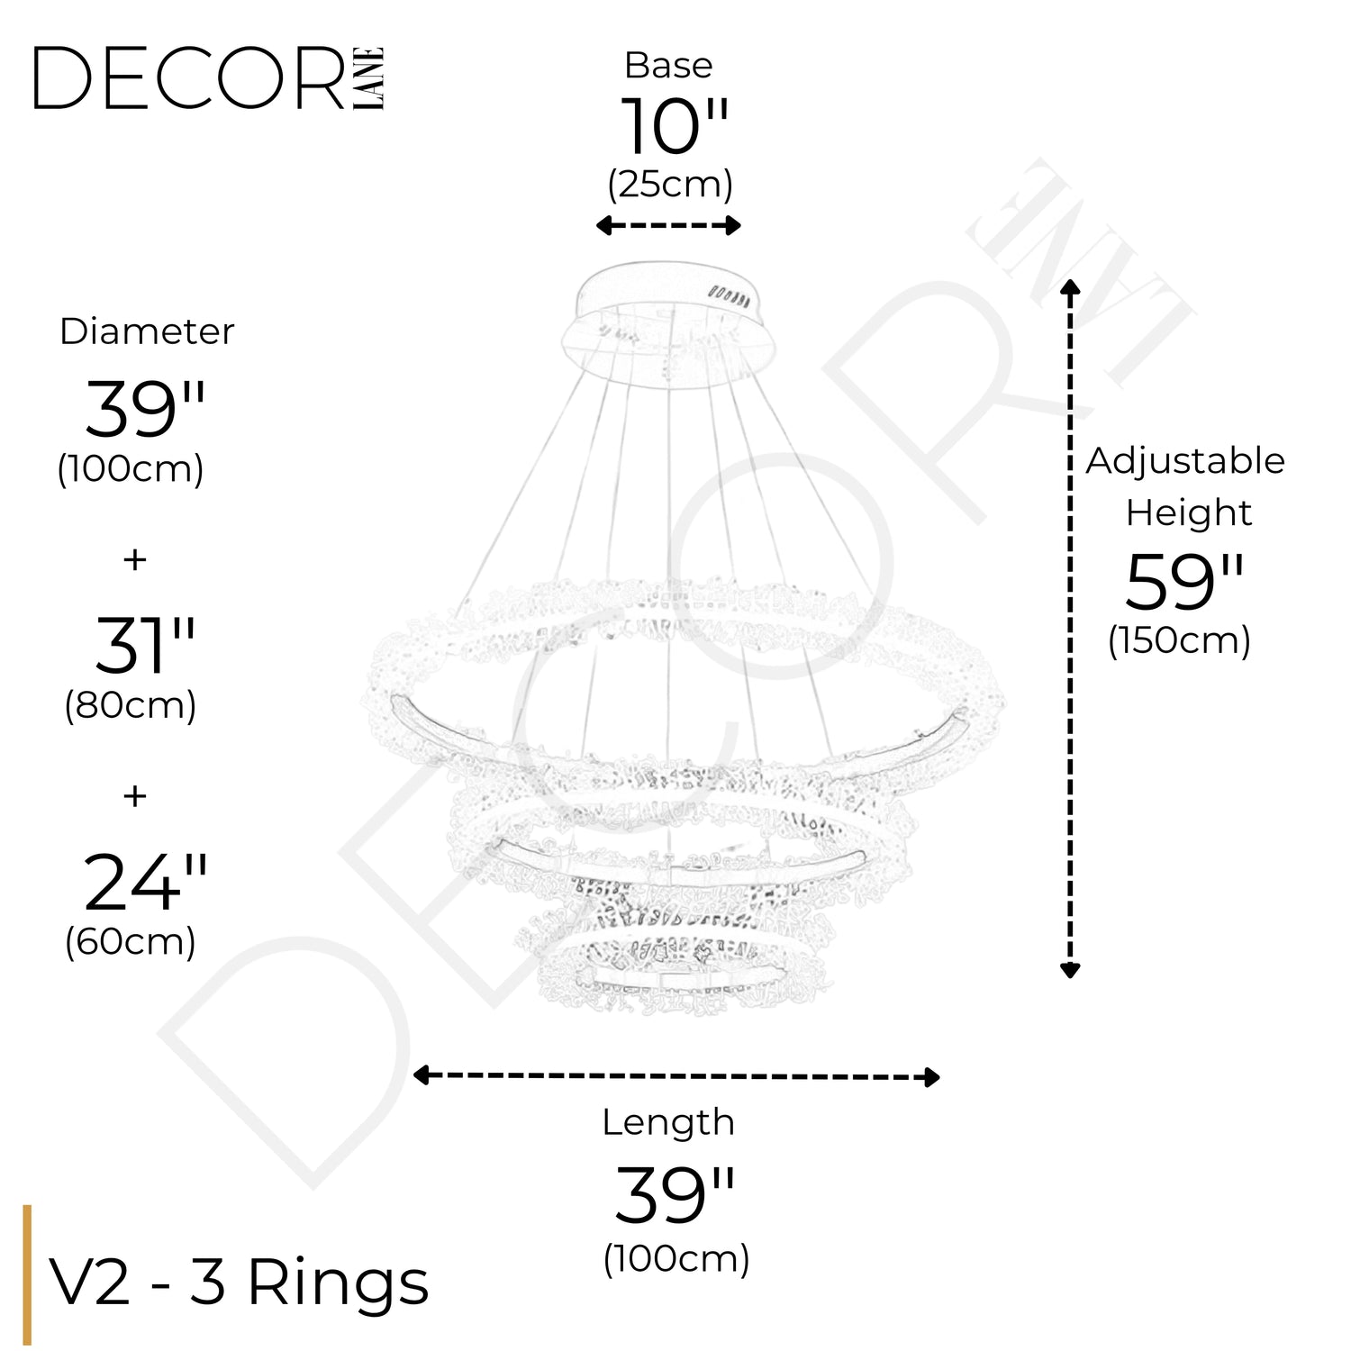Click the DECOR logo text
(189, 79)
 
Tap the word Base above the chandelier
(668, 66)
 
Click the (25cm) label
(670, 185)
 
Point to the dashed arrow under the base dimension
(668, 225)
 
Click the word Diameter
(147, 331)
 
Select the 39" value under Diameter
(145, 410)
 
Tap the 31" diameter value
(145, 646)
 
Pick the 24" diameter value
(145, 883)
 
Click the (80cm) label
(131, 705)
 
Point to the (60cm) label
(131, 942)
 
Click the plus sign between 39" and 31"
(135, 559)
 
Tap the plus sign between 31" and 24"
(135, 796)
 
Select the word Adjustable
(1185, 461)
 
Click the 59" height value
(1184, 583)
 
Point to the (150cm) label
(1179, 641)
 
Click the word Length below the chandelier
(668, 1122)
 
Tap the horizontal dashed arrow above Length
(675, 1076)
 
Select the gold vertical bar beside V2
(27, 1274)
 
